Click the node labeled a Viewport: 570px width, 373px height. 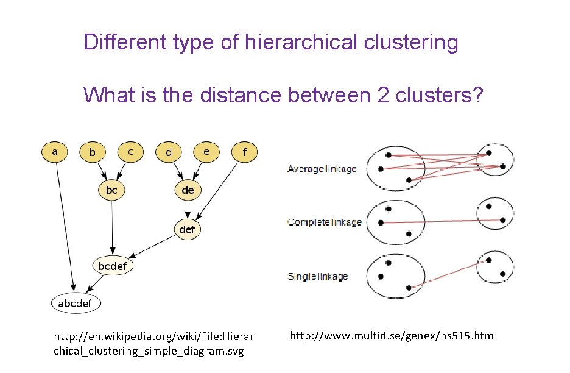55,151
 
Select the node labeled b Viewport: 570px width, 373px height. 92,152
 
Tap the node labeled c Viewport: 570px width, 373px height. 130,151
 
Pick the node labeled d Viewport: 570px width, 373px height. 169,152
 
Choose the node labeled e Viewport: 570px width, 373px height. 207,151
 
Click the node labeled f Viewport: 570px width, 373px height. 245,152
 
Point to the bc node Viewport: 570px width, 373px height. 111,190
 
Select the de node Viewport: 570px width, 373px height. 188,190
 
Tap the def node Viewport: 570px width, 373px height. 188,229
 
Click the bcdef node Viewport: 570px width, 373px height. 112,266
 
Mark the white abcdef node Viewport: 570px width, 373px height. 76,303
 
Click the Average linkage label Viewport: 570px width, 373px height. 322,169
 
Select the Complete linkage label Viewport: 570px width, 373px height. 324,222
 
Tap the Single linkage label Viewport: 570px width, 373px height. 317,276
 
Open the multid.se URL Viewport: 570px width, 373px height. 392,336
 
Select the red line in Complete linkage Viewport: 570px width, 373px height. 434,221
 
